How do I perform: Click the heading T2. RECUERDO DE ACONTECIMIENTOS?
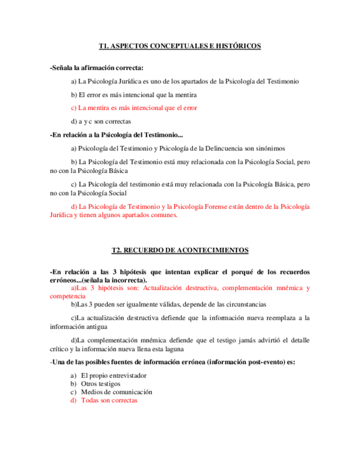(180, 250)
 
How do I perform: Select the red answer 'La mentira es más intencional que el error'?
(134, 108)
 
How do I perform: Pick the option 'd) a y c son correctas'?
(101, 121)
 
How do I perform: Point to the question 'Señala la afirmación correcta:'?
(97, 68)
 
